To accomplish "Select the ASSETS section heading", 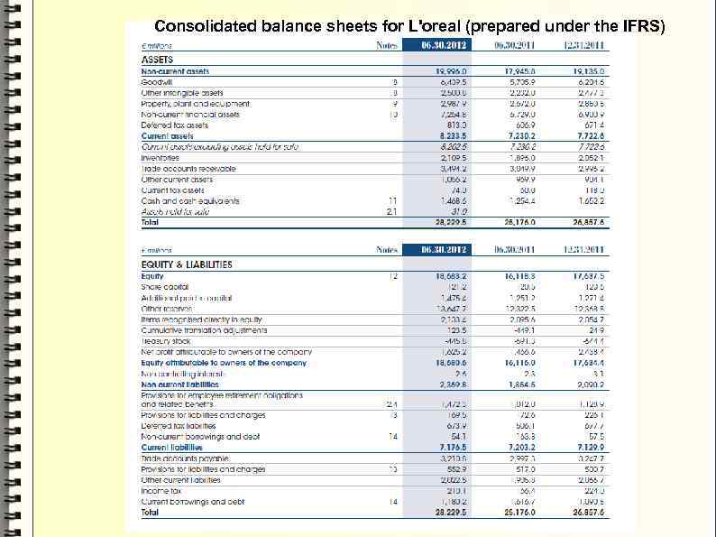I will [157, 59].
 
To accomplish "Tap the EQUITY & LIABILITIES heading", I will [187, 264].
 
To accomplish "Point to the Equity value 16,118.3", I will [516, 273].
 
